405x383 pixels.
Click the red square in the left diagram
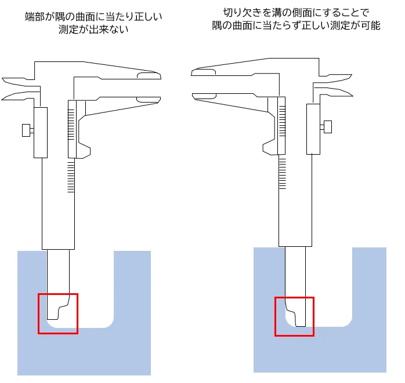pyautogui.click(x=38, y=313)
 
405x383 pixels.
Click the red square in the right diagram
pyautogui.click(x=276, y=316)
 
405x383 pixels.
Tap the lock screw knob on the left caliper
pyautogui.click(x=26, y=130)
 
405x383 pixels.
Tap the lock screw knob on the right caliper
pyautogui.click(x=327, y=127)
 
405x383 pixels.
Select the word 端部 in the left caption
pyautogui.click(x=35, y=17)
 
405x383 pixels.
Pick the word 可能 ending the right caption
pyautogui.click(x=371, y=25)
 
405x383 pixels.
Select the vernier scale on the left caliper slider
pyautogui.click(x=71, y=125)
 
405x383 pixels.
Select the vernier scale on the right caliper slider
pyautogui.click(x=283, y=121)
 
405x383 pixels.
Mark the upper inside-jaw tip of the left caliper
pyautogui.click(x=3, y=78)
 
